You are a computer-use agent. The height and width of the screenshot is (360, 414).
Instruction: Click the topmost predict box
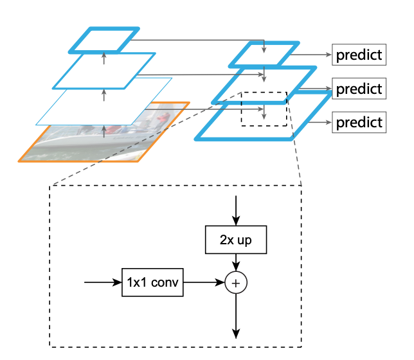[358, 55]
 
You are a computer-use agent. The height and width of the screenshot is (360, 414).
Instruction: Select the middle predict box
[358, 88]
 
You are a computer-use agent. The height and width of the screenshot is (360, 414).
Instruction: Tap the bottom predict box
[358, 122]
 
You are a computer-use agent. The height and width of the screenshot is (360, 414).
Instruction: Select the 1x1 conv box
[153, 282]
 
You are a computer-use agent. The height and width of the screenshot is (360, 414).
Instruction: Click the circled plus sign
[237, 282]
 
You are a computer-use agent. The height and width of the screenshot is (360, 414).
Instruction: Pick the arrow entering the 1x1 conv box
[103, 282]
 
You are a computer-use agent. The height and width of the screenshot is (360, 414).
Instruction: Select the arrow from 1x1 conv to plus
[204, 282]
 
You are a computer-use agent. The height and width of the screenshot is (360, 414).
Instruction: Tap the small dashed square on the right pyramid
[264, 109]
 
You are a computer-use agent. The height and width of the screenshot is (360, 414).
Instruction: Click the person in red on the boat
[165, 120]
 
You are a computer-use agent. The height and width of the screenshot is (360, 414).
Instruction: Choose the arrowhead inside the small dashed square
[264, 116]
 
